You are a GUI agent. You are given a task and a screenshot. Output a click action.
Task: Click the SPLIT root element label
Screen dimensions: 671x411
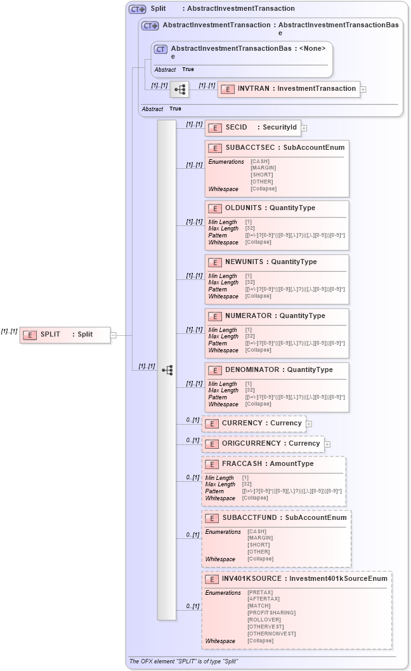click(50, 335)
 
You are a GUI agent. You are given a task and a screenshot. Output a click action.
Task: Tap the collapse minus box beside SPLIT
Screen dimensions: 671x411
click(114, 335)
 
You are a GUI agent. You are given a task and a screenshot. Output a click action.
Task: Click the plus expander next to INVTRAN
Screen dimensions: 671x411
click(363, 90)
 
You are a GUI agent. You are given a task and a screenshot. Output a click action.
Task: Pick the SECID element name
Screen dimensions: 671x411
click(236, 127)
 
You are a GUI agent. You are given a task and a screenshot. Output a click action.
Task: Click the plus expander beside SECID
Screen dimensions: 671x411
click(304, 128)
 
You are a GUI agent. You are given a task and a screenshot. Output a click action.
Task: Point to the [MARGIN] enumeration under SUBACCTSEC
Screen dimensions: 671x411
click(263, 168)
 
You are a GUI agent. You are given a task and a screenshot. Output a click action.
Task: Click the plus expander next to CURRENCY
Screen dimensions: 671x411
click(310, 423)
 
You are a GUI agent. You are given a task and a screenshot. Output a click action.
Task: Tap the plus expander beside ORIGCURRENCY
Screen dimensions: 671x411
click(327, 444)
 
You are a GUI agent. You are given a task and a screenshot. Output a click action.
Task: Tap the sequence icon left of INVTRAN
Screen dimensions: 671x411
click(180, 90)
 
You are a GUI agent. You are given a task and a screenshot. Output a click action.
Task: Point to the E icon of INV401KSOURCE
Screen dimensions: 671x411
click(212, 579)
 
